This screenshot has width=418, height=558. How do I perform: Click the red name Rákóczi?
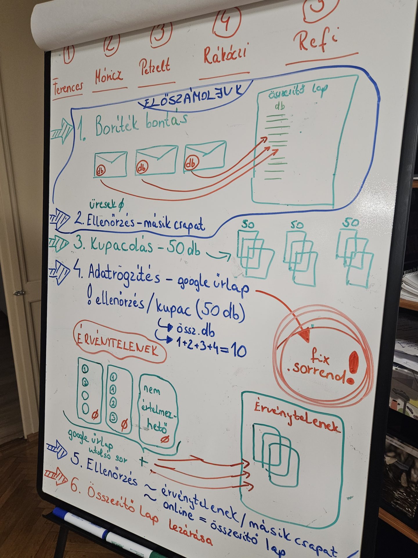coord(225,54)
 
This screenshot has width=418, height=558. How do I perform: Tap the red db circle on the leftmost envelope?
coord(101,169)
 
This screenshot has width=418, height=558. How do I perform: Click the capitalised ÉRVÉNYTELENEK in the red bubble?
coord(118,346)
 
